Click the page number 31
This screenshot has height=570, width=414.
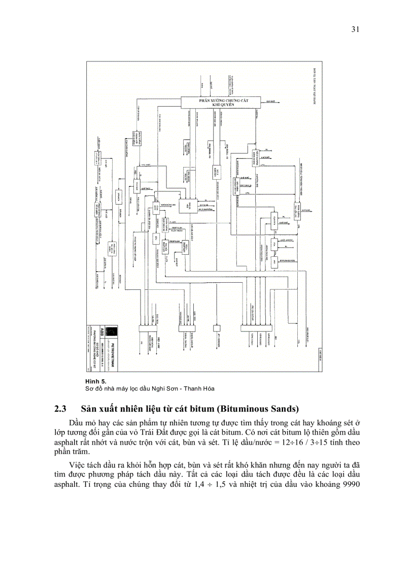355,29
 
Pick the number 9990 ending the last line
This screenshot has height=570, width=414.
350,483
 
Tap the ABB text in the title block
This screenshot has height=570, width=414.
102,329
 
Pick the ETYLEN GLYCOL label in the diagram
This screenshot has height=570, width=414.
290,260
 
